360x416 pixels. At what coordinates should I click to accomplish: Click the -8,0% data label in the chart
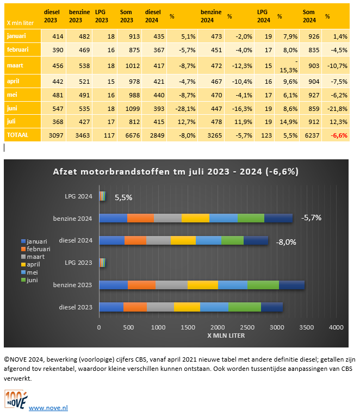[286, 243]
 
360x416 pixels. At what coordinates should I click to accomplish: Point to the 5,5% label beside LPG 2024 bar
[123, 198]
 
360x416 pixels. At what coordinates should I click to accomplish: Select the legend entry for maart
[35, 256]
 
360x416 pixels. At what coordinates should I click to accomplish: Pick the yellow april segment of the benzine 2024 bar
[195, 218]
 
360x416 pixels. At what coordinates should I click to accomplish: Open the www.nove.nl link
[48, 407]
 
